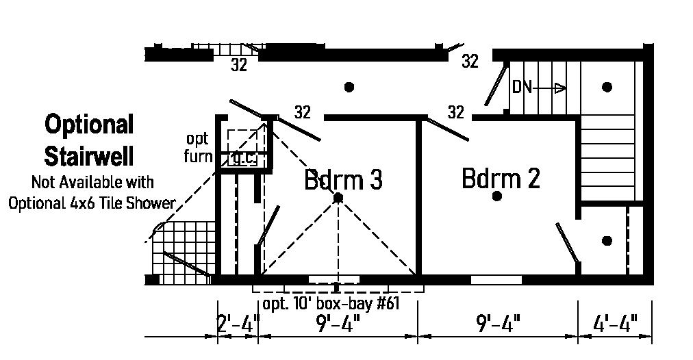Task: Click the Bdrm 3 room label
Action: (343, 180)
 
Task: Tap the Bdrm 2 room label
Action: (501, 178)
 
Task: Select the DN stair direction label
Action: (522, 88)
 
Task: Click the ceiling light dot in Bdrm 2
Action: (497, 196)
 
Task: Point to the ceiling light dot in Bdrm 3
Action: (338, 198)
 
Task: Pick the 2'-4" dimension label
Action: (238, 322)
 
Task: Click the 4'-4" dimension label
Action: (614, 322)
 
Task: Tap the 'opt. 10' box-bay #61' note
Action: (331, 303)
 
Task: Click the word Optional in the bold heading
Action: (89, 125)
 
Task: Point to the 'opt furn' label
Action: (197, 148)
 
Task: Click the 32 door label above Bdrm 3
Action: (302, 113)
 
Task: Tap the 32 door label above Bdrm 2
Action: (455, 112)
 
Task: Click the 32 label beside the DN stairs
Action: (470, 62)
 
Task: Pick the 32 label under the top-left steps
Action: (238, 66)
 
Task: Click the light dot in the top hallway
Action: (349, 87)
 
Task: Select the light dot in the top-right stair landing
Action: (607, 87)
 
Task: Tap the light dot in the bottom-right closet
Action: (607, 241)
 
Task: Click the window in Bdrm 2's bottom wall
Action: (496, 279)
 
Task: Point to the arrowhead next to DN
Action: (560, 88)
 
